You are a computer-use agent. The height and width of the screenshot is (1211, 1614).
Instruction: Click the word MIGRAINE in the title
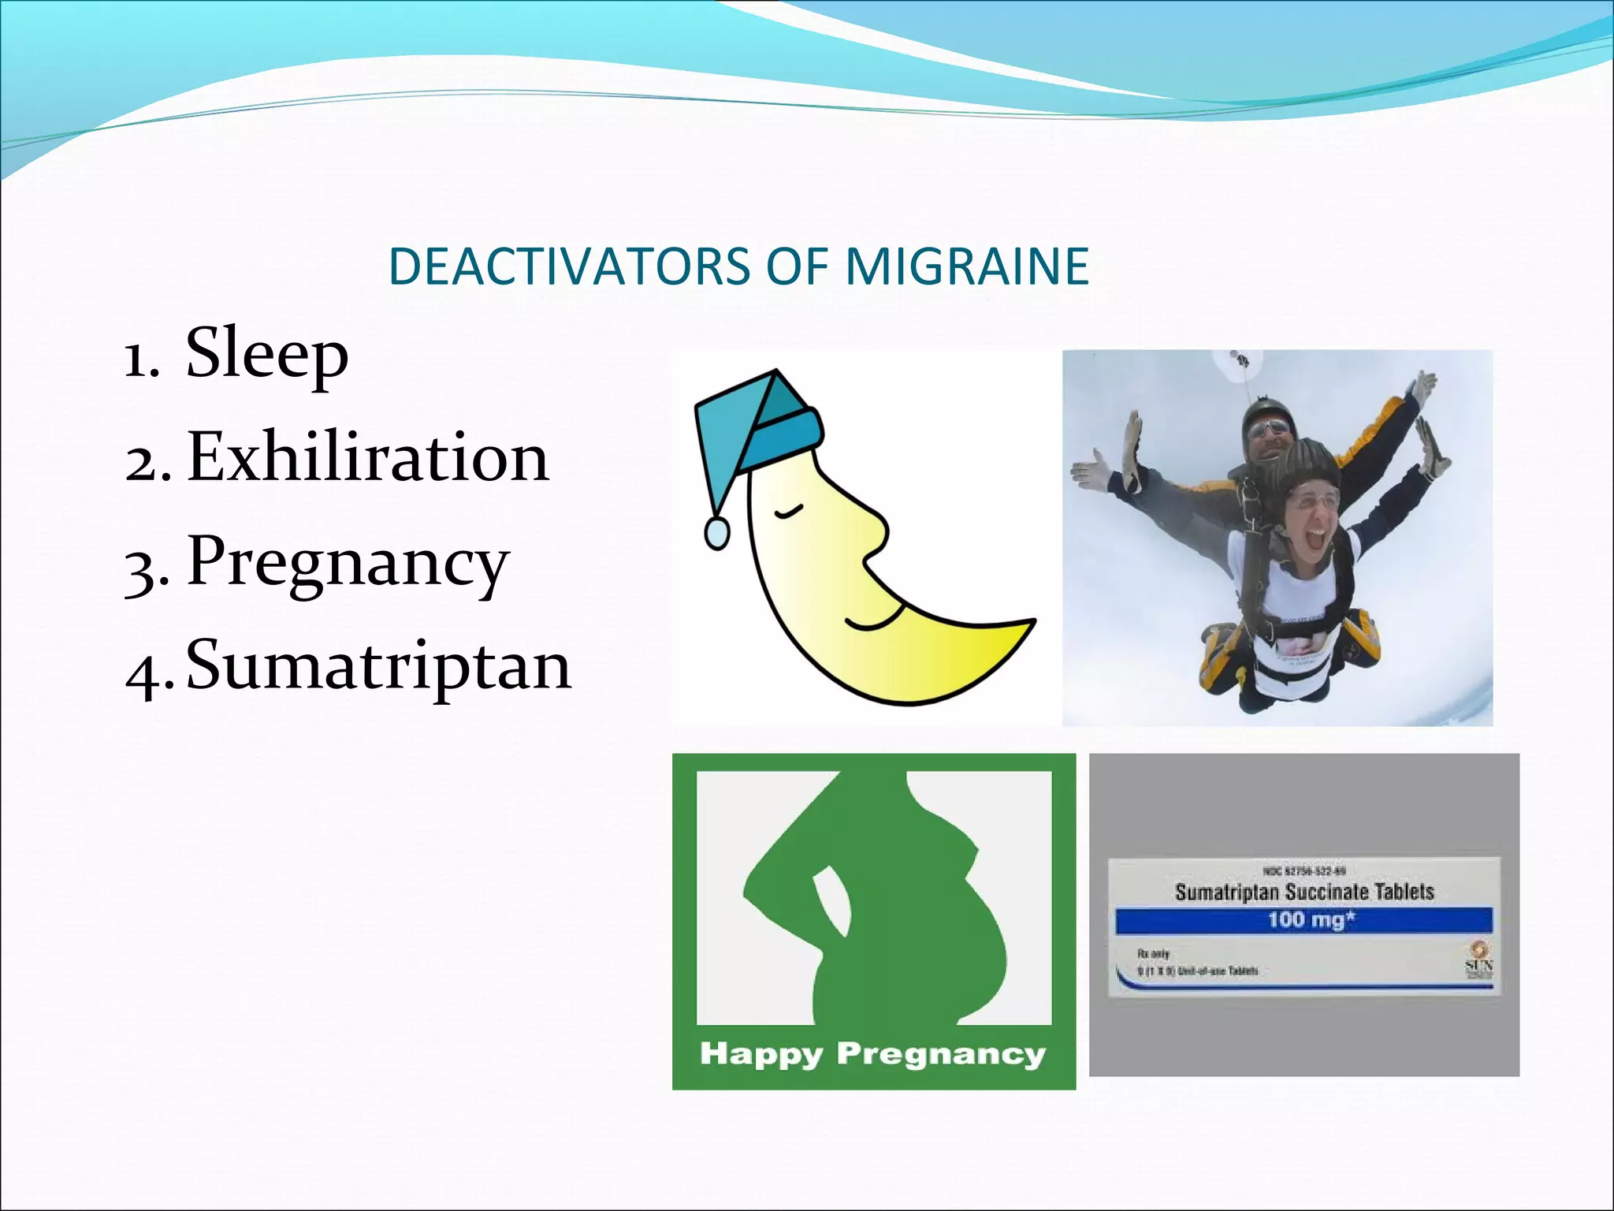967,266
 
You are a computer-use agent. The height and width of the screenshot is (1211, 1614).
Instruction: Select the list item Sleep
266,354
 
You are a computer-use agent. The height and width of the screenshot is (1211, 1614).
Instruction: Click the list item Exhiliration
367,458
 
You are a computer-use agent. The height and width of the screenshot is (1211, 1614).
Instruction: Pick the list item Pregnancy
348,563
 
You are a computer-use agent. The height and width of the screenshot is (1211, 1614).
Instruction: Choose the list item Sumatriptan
378,666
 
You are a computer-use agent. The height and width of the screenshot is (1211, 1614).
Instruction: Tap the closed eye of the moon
787,514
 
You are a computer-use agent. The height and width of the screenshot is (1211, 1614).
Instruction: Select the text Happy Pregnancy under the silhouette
872,1053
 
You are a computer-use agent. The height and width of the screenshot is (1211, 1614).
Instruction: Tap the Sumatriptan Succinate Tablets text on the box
1303,892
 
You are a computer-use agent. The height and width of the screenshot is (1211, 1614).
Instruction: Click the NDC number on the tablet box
1303,871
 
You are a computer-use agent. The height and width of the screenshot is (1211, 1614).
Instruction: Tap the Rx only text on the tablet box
1153,953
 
